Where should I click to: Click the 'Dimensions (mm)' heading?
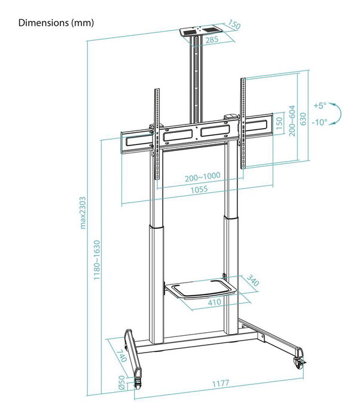pyautogui.click(x=56, y=23)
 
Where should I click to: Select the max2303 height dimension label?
pyautogui.click(x=83, y=212)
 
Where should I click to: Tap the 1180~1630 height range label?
pyautogui.click(x=97, y=260)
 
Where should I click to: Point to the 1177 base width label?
pyautogui.click(x=221, y=384)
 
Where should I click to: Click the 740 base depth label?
pyautogui.click(x=121, y=356)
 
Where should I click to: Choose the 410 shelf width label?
pyautogui.click(x=214, y=302)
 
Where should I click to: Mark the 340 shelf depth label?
pyautogui.click(x=252, y=280)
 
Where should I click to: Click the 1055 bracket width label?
pyautogui.click(x=199, y=190)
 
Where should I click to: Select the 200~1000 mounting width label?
pyautogui.click(x=203, y=177)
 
